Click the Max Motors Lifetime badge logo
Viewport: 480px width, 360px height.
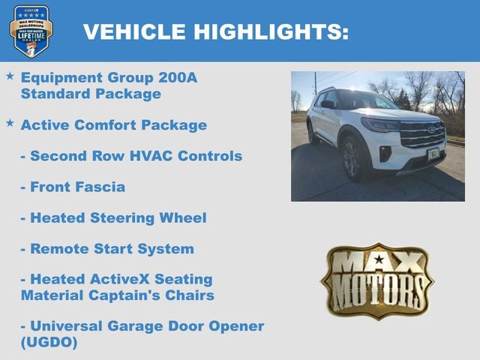[x=31, y=31]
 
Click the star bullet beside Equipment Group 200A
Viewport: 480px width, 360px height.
[x=10, y=76]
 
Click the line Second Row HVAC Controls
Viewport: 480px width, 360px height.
[x=131, y=156]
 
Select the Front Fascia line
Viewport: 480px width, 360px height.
[x=73, y=187]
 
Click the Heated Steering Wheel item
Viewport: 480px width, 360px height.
[x=113, y=218]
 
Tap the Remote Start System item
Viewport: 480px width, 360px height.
[x=107, y=249]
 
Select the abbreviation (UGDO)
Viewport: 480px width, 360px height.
[x=49, y=343]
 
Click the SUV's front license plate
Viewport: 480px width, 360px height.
[x=434, y=153]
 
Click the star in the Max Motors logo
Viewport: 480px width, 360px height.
[x=378, y=260]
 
